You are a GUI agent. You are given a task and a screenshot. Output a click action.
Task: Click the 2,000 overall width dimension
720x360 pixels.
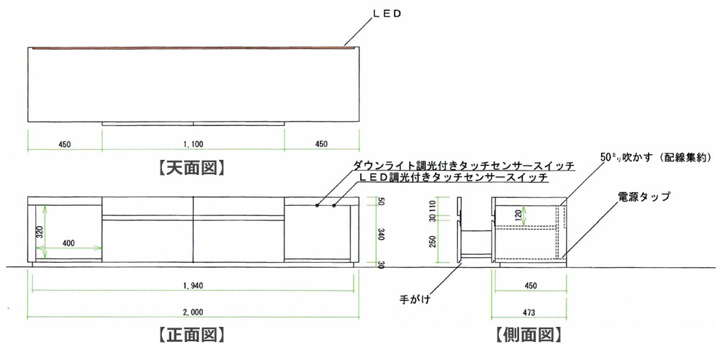tap(193, 312)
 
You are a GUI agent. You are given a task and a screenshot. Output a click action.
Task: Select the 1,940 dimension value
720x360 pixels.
tap(193, 287)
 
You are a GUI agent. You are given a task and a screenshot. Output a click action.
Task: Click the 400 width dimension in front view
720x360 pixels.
tap(69, 243)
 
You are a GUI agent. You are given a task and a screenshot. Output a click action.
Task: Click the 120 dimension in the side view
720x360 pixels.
tap(518, 214)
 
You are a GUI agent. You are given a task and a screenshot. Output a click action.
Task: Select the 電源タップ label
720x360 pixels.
tap(644, 196)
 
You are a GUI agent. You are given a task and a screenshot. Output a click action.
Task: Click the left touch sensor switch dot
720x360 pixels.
tap(318, 206)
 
